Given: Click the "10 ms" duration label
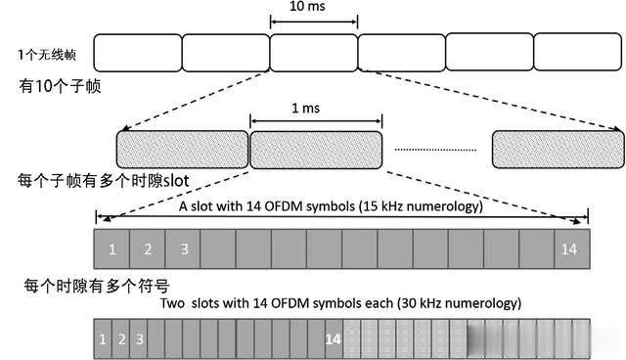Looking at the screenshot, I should (313, 7).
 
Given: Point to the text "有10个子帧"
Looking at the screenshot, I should (54, 85).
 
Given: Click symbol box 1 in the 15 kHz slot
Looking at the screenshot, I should (112, 248).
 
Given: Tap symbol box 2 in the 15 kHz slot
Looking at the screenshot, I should (148, 248).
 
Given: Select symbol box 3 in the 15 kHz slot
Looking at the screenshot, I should (183, 248).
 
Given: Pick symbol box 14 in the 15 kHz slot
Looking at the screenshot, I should (569, 248).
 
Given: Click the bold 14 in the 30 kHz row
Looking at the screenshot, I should (334, 338).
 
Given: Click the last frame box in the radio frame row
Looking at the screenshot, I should (577, 51).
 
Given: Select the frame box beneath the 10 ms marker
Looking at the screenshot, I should (313, 51).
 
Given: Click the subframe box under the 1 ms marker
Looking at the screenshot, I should (316, 148).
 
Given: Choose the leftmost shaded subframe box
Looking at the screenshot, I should (182, 148).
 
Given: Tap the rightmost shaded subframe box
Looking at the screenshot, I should (558, 148).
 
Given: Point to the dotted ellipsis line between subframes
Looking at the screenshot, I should (436, 150).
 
